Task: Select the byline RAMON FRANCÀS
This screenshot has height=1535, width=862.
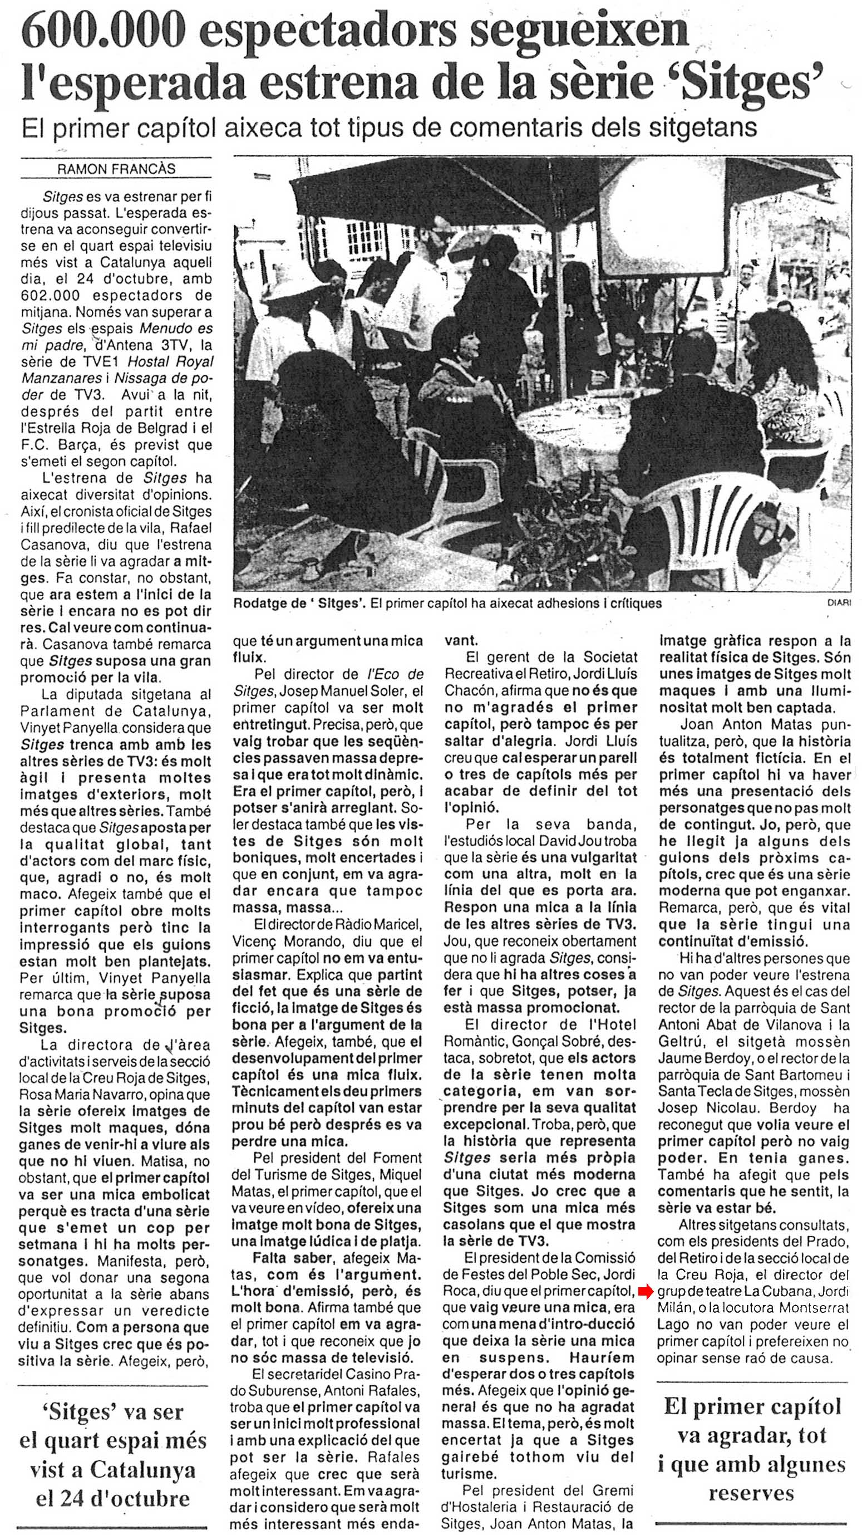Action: point(116,169)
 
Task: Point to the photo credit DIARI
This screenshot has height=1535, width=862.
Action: point(839,603)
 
